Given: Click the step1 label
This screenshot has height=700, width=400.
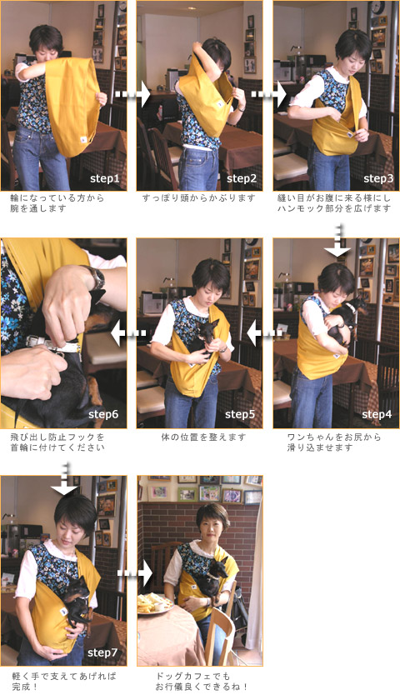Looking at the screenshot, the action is click(104, 179).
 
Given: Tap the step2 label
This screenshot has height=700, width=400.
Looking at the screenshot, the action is click(242, 179).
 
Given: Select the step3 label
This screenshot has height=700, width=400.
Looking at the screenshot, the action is click(378, 179).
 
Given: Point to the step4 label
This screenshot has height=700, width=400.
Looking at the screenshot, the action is click(377, 414).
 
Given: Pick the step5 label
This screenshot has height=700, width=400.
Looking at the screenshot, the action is click(240, 414).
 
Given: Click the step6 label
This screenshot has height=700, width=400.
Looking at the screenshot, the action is click(103, 414).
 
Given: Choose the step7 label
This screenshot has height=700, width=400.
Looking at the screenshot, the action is click(102, 652).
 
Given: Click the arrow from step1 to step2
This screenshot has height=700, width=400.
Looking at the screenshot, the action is click(132, 94).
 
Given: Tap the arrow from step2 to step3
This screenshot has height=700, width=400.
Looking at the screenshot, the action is click(268, 94).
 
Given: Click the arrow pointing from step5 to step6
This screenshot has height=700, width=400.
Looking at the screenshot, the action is click(128, 333).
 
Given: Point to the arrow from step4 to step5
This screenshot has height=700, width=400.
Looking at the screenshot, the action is click(265, 333).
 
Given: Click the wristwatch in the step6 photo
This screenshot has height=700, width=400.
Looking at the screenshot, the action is click(95, 277).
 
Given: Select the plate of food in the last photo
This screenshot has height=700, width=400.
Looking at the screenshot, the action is click(153, 603).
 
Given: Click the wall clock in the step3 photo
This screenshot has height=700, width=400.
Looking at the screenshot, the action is click(377, 7).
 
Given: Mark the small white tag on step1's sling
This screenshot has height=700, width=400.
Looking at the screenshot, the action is click(83, 139).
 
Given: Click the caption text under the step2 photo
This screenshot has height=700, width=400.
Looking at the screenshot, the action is click(198, 197).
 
